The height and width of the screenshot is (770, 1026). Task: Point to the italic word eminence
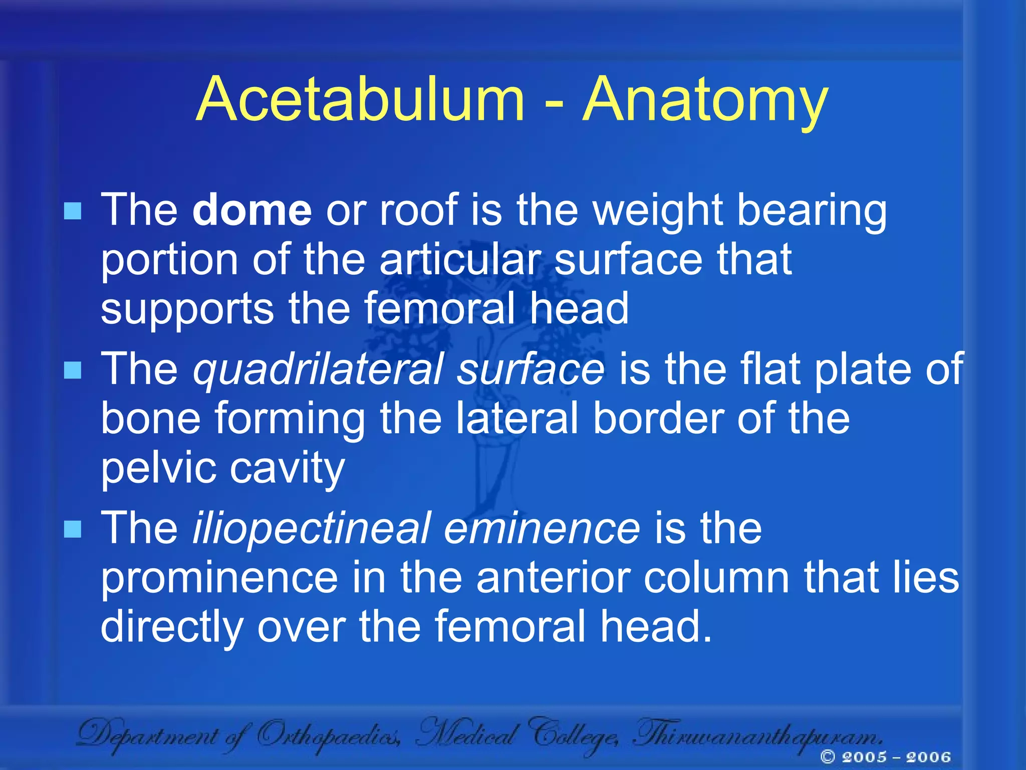click(x=542, y=528)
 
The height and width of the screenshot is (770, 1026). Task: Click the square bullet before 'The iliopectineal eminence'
click(x=73, y=529)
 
